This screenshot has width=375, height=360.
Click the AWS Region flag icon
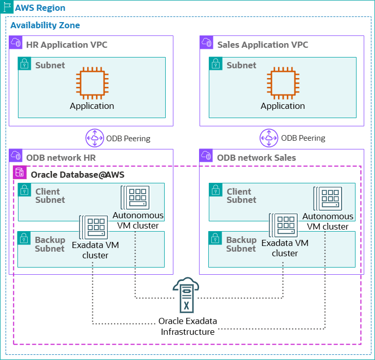7,8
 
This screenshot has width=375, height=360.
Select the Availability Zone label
45,25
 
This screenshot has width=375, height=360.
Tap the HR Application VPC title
67,45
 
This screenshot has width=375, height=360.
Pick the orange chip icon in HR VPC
92,84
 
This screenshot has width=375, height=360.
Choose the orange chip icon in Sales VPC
283,84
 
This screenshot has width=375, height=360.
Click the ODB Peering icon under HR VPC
94,138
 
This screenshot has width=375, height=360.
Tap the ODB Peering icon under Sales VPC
269,138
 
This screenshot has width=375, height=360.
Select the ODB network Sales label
256,158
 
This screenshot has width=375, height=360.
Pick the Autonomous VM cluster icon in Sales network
328,198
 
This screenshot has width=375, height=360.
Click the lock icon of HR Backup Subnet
24,238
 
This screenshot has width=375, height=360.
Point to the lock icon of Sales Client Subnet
215,190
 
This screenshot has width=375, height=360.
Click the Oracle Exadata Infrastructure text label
188,327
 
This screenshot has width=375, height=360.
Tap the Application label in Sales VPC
283,106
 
